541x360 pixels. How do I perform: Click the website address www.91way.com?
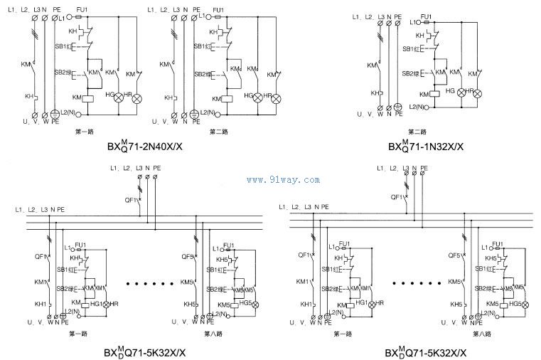283,180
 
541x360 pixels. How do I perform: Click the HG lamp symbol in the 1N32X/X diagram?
461,92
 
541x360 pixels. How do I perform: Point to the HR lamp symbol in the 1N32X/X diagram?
478,92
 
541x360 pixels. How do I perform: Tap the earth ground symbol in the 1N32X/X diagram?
398,107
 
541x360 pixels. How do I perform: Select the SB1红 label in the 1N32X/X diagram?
412,49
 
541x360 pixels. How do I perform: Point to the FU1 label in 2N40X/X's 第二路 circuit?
218,9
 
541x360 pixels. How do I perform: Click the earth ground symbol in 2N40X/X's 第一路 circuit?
56,114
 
